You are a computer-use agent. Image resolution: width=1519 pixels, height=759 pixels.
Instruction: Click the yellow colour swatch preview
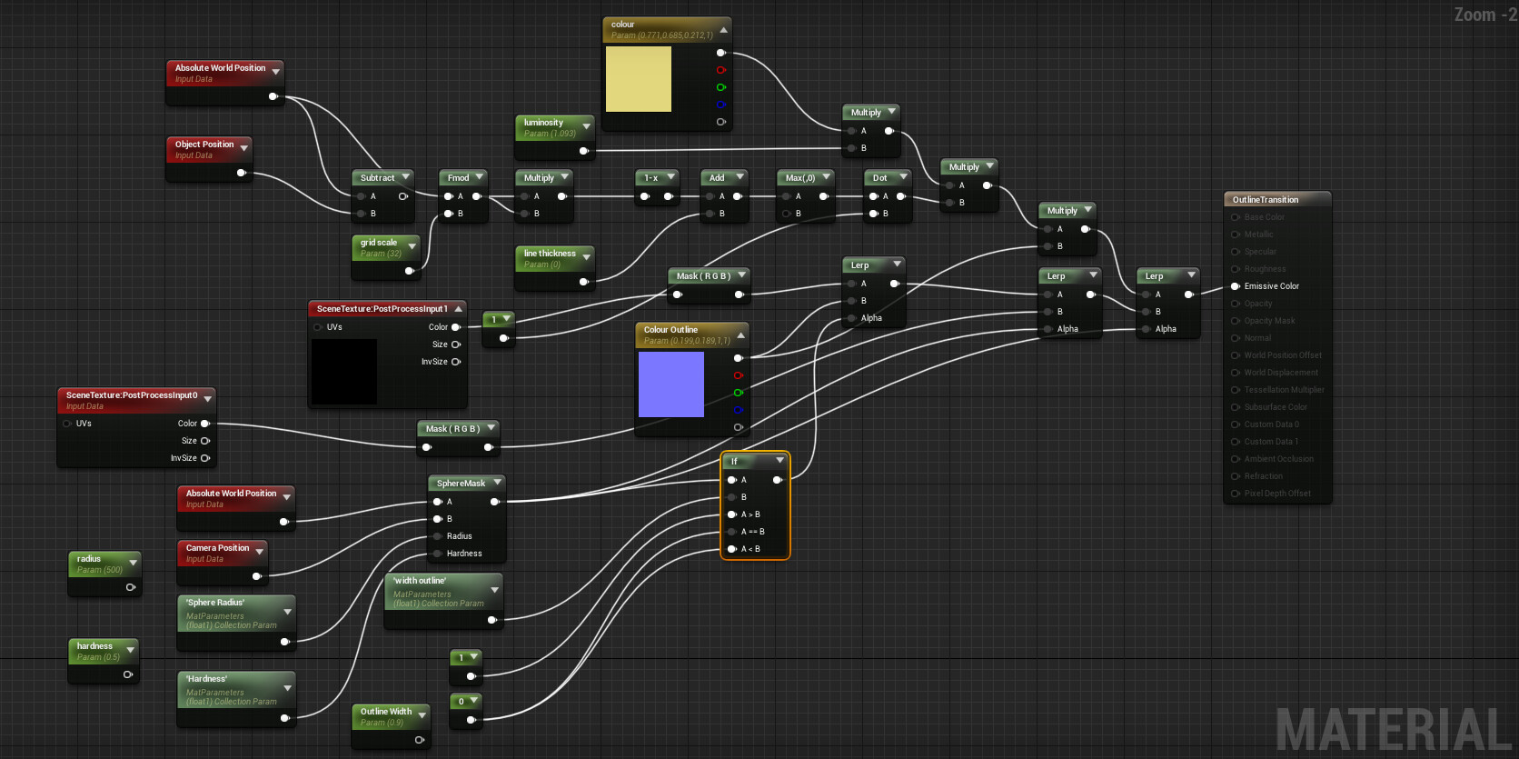[x=639, y=79]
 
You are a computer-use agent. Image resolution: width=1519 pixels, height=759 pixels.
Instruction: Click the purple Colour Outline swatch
[x=671, y=384]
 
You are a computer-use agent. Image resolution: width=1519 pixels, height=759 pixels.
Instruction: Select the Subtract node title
[x=377, y=178]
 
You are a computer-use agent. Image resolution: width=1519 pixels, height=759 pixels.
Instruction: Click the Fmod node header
[x=458, y=178]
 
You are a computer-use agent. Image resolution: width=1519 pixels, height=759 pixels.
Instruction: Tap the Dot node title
[x=879, y=178]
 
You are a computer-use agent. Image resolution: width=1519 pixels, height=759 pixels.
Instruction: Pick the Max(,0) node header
[x=800, y=178]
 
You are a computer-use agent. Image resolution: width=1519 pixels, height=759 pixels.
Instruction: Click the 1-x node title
[x=650, y=178]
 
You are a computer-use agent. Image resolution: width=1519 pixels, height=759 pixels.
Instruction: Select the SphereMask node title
[x=461, y=484]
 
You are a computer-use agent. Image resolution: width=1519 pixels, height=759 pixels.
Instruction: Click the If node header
[x=735, y=462]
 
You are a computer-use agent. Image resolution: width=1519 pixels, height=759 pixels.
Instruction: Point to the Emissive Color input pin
[x=1236, y=286]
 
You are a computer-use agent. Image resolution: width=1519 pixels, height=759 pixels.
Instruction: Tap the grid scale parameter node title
[x=379, y=243]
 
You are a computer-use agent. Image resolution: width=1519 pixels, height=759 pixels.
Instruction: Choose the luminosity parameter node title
[x=543, y=123]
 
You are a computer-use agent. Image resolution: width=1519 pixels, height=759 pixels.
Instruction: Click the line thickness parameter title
[x=550, y=254]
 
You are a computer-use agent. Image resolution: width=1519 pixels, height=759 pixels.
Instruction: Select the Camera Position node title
[x=217, y=548]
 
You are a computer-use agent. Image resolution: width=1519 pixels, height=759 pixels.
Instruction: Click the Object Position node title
[x=204, y=145]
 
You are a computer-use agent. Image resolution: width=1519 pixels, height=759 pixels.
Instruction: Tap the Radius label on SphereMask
[x=459, y=536]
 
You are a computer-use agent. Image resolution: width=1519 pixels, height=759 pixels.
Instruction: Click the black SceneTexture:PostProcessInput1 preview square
[x=344, y=371]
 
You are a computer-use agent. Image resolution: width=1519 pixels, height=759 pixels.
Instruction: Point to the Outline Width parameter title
[x=386, y=712]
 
